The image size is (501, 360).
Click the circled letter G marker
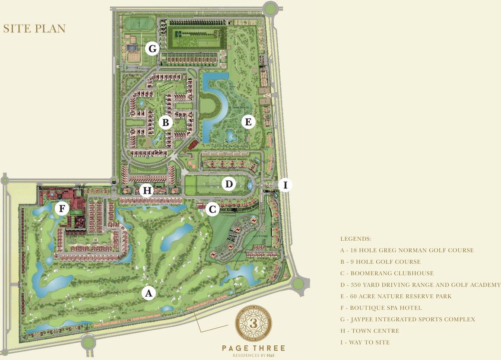tap(152, 48)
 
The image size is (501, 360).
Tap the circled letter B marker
tap(165, 123)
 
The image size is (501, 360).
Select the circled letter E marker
tap(248, 122)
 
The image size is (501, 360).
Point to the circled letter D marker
tap(229, 185)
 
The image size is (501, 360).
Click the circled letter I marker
tap(285, 185)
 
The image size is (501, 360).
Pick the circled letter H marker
tap(147, 190)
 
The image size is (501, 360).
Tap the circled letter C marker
tap(212, 210)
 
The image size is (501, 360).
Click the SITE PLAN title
tap(34, 29)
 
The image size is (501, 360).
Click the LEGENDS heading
tap(355, 239)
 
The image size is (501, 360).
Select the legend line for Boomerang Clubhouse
tap(387, 273)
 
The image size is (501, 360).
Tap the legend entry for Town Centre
tap(369, 331)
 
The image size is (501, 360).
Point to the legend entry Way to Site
tap(365, 342)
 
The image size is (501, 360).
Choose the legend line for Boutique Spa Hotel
tap(381, 308)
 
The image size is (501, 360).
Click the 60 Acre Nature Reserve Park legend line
tap(396, 296)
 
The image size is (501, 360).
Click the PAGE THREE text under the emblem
tap(254, 348)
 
